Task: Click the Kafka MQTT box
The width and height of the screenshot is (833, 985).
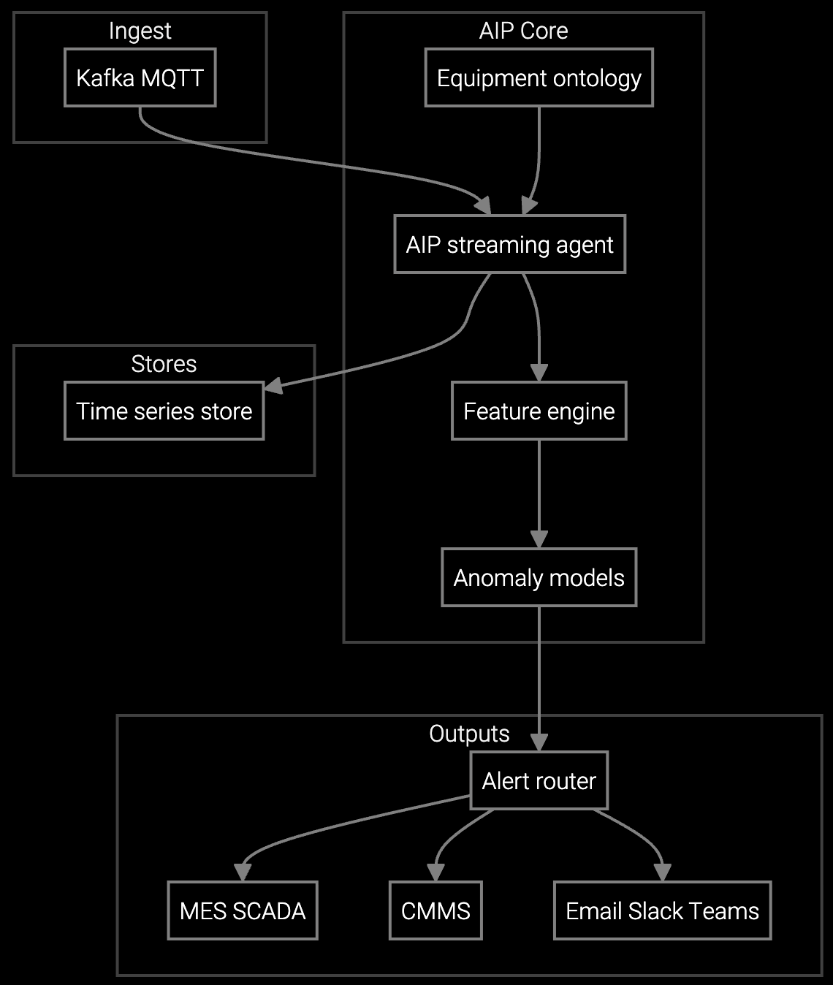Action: point(140,77)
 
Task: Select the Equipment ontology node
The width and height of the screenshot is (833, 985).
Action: point(539,77)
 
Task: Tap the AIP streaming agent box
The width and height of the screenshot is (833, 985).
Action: point(509,244)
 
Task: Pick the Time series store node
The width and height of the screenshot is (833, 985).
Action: point(164,411)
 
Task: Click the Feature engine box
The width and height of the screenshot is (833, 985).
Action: point(539,411)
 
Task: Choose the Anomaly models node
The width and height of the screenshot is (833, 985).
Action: point(539,577)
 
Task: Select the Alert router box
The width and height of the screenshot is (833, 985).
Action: point(539,780)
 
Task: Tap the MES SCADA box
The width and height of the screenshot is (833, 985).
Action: point(242,910)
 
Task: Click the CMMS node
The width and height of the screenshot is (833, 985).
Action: point(435,910)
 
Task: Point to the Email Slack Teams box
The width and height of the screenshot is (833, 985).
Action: point(662,910)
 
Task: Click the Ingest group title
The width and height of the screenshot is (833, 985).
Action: point(140,31)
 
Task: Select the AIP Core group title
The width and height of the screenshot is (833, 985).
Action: point(523,31)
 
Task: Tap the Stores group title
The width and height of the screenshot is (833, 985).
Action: point(164,364)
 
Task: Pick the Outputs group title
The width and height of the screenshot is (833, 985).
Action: point(469,734)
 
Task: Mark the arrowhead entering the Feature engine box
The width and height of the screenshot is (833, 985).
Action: point(539,373)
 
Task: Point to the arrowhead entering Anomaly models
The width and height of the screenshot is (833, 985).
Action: point(539,539)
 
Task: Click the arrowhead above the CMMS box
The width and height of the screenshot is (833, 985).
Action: point(435,872)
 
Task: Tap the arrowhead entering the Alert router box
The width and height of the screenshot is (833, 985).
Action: point(539,742)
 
